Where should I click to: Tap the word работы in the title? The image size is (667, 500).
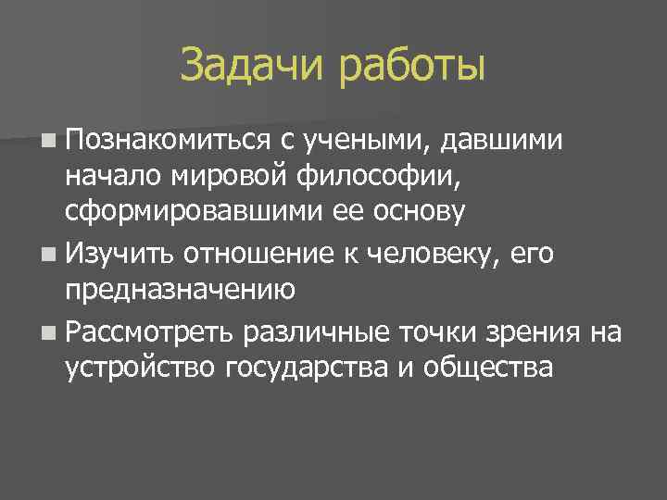coord(412,67)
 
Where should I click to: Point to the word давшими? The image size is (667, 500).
coord(500,140)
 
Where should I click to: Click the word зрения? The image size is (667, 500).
coord(536,331)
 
